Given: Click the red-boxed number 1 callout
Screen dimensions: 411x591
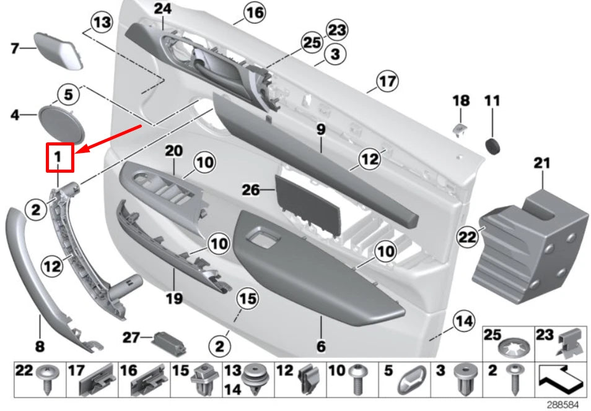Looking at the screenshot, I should [60, 157].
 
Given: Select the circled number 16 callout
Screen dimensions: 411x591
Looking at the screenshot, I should [253, 12].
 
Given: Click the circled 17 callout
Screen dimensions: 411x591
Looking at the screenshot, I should [387, 81].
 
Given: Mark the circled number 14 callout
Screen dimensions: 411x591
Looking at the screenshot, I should [464, 321].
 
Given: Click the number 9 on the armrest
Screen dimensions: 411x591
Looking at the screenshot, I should [320, 130].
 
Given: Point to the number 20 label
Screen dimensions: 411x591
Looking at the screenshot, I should [175, 150].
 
